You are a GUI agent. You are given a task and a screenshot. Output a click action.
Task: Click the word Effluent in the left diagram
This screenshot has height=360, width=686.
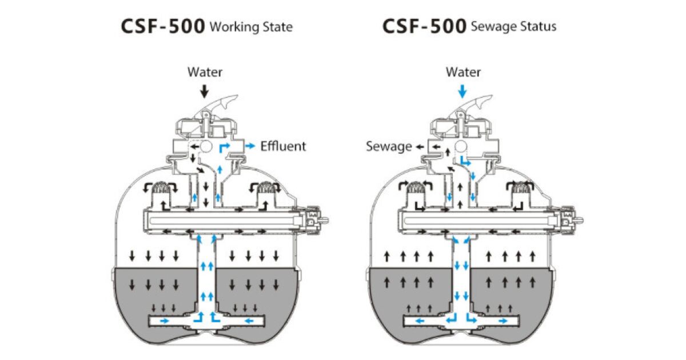(x=283, y=146)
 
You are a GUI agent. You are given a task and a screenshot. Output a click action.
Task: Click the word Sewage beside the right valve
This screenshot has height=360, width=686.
(x=389, y=147)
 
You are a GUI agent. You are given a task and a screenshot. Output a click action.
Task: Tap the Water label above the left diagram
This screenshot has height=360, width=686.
(x=205, y=73)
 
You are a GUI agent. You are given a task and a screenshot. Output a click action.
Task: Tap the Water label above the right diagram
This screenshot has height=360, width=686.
(x=463, y=73)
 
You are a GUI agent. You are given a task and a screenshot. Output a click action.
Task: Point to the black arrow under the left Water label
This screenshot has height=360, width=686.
(x=205, y=91)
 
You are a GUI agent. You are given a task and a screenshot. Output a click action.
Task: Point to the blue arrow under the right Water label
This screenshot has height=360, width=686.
(x=463, y=91)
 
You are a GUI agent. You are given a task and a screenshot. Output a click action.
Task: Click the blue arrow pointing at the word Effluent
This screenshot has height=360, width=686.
(x=251, y=146)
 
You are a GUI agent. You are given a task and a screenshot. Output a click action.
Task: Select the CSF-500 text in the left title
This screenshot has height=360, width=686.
(x=163, y=27)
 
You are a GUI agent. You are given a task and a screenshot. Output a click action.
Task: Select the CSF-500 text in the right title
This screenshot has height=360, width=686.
(x=424, y=27)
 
